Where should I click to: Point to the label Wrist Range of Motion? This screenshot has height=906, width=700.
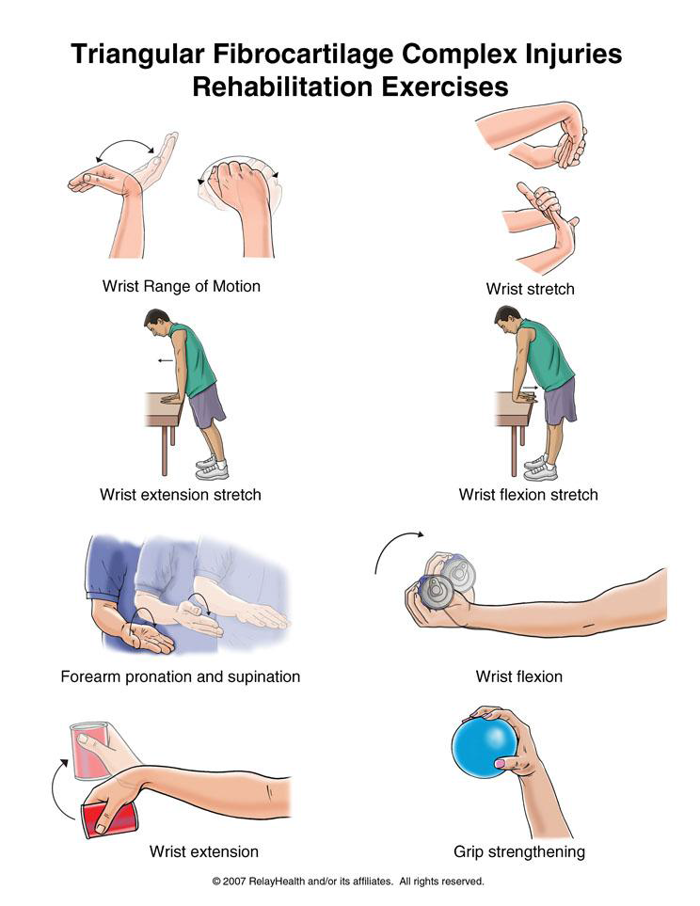tap(181, 286)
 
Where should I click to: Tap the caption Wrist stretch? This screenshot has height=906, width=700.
tap(530, 289)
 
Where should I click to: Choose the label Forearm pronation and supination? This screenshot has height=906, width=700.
tap(181, 676)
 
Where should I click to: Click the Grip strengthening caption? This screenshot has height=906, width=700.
tap(519, 851)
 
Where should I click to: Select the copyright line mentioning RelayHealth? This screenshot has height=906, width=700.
tap(348, 882)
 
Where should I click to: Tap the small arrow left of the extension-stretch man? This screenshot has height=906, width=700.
tap(166, 360)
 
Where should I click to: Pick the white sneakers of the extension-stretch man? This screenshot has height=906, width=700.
tap(212, 468)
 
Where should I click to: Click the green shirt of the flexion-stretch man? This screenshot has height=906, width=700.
tap(545, 356)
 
